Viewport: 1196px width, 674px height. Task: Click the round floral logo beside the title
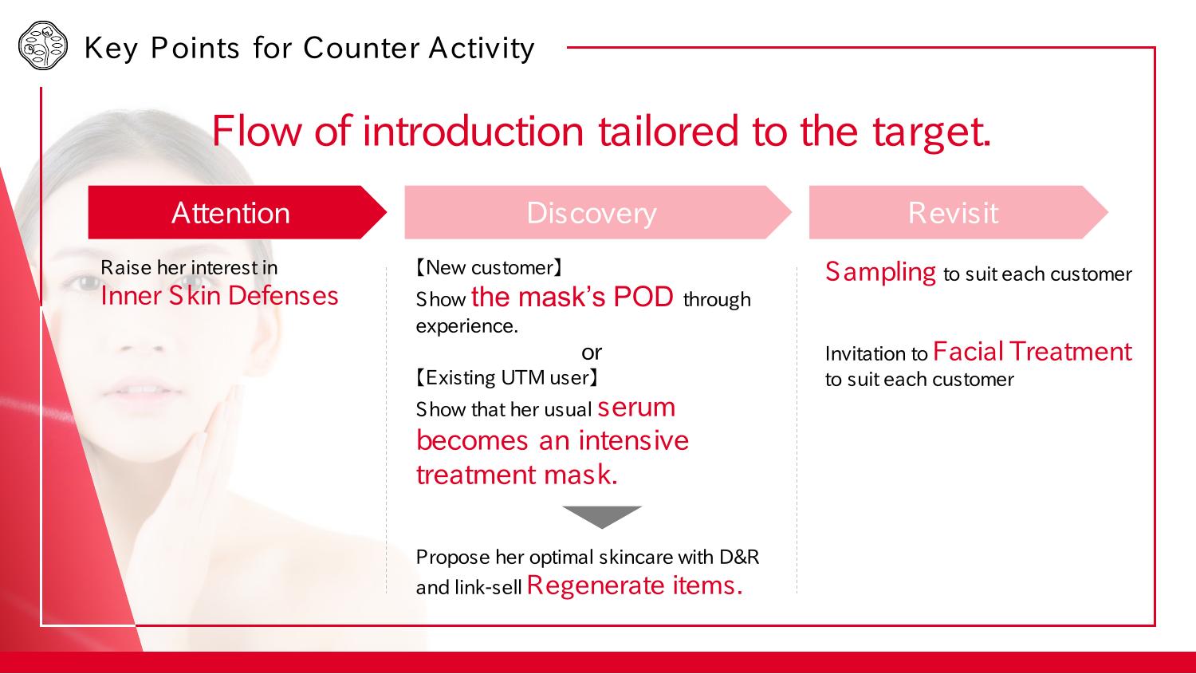pos(43,45)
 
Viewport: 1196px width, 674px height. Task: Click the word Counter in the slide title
pos(361,48)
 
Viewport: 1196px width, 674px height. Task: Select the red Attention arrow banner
pos(237,212)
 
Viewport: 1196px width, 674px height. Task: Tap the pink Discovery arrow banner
pos(598,212)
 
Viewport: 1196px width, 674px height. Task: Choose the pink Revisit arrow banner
pos(959,212)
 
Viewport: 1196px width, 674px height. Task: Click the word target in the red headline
pos(932,132)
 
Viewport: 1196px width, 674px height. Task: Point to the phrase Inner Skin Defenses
pos(219,296)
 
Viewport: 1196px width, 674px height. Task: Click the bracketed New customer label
pos(489,267)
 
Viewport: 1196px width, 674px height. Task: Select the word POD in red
pos(643,297)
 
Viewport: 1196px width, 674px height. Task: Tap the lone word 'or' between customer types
pos(592,353)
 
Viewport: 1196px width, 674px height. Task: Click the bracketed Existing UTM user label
pos(507,377)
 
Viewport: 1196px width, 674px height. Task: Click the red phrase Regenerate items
pos(635,585)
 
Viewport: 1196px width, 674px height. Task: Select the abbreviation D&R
pos(739,557)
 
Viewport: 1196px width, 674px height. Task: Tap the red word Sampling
pos(880,272)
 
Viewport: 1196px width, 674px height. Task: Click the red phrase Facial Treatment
pos(1032,352)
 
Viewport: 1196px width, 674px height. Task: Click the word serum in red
pos(636,408)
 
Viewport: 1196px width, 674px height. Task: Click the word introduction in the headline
pos(473,132)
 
